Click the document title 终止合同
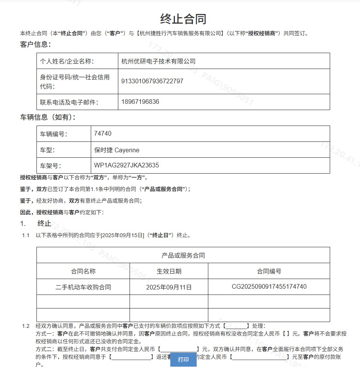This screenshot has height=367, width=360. pyautogui.click(x=183, y=19)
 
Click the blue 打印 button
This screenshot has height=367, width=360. pyautogui.click(x=183, y=359)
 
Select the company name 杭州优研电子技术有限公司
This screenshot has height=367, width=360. pyautogui.click(x=158, y=61)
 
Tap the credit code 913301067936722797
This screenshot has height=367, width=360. pyautogui.click(x=152, y=81)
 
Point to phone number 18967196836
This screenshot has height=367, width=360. pyautogui.click(x=140, y=102)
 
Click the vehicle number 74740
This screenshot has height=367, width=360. pyautogui.click(x=103, y=133)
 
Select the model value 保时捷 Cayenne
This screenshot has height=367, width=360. pyautogui.click(x=116, y=150)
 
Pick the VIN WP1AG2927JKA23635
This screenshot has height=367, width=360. pyautogui.click(x=126, y=165)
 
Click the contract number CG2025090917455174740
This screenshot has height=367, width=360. pyautogui.click(x=269, y=287)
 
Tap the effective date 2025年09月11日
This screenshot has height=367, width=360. pyautogui.click(x=169, y=287)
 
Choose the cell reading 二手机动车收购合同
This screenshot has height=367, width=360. pyautogui.click(x=83, y=287)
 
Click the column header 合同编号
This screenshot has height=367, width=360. pyautogui.click(x=269, y=271)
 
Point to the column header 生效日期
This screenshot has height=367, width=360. pyautogui.click(x=169, y=271)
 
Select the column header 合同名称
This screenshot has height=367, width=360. pyautogui.click(x=83, y=271)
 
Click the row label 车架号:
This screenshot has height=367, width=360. pyautogui.click(x=51, y=166)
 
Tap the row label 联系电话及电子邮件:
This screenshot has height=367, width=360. pyautogui.click(x=69, y=102)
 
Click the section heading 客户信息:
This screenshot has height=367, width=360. pyautogui.click(x=36, y=44)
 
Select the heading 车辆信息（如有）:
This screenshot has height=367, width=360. pyautogui.click(x=48, y=117)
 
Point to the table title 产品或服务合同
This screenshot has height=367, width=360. pyautogui.click(x=183, y=255)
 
